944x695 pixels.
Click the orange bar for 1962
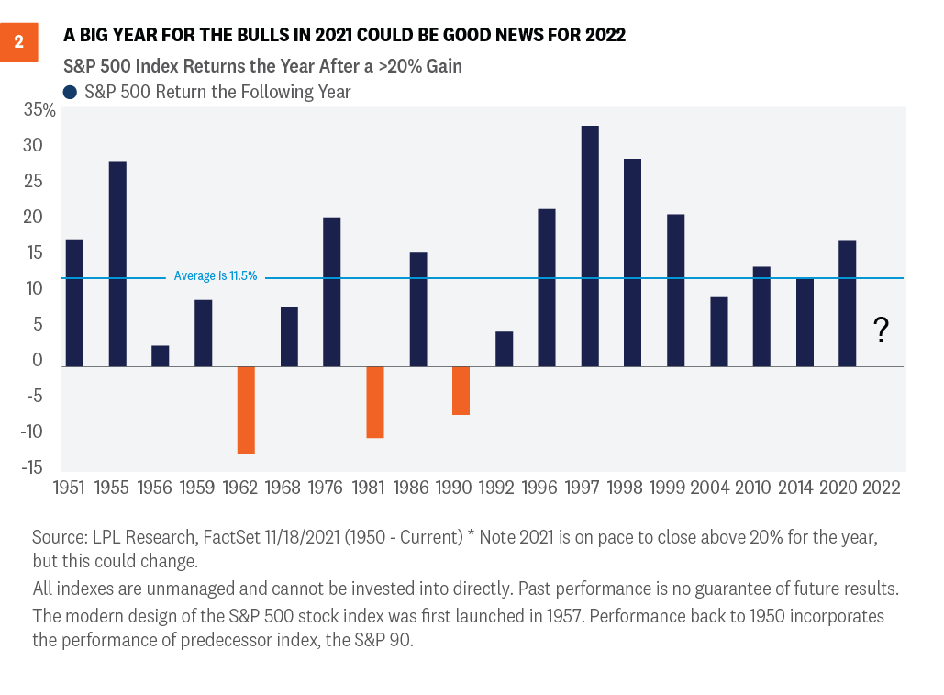pyautogui.click(x=246, y=409)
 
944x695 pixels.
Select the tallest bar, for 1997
pyautogui.click(x=590, y=246)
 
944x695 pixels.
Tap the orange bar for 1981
pyautogui.click(x=374, y=402)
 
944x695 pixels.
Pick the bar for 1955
pyautogui.click(x=117, y=263)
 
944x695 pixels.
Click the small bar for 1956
pyautogui.click(x=160, y=356)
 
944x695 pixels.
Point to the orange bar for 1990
pyautogui.click(x=461, y=390)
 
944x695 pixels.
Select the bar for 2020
pyautogui.click(x=848, y=303)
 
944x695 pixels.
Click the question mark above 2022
pyautogui.click(x=881, y=330)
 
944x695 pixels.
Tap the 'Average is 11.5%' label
pyautogui.click(x=215, y=276)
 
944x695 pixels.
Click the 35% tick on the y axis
pyautogui.click(x=39, y=111)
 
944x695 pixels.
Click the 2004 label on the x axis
pyautogui.click(x=709, y=488)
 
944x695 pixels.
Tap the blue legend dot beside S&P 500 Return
pyautogui.click(x=70, y=92)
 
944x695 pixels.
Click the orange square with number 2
pyautogui.click(x=18, y=42)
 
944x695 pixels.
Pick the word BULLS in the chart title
pyautogui.click(x=254, y=36)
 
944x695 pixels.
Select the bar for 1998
pyautogui.click(x=633, y=263)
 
